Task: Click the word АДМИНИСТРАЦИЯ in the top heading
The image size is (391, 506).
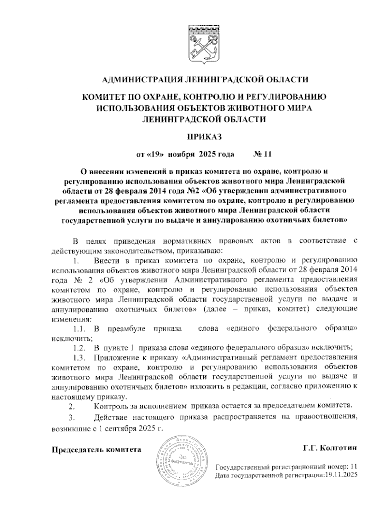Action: point(138,80)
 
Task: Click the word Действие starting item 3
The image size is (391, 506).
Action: point(110,417)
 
